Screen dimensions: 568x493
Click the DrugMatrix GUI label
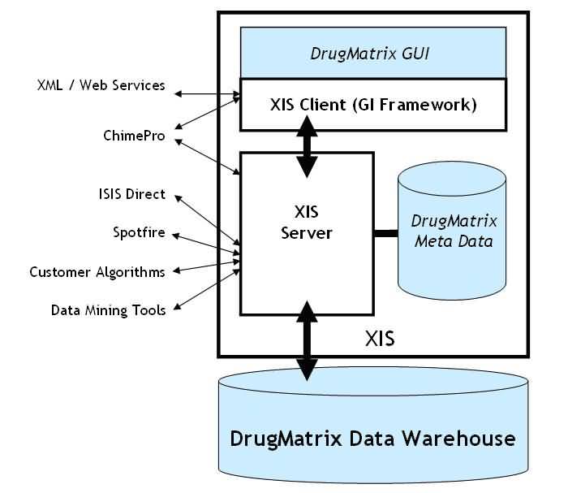pyautogui.click(x=370, y=54)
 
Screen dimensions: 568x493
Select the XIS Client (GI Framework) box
pyautogui.click(x=373, y=105)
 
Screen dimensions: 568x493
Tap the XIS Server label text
pyautogui.click(x=307, y=223)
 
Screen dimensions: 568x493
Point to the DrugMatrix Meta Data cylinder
pyautogui.click(x=452, y=231)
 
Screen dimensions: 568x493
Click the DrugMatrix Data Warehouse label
pyautogui.click(x=372, y=439)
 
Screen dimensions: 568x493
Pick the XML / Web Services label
pyautogui.click(x=101, y=85)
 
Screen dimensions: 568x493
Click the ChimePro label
pyautogui.click(x=134, y=136)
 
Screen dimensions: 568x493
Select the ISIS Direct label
pyautogui.click(x=131, y=194)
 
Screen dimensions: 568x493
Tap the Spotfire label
pyautogui.click(x=139, y=232)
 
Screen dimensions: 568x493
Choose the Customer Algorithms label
pyautogui.click(x=97, y=272)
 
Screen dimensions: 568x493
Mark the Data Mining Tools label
pyautogui.click(x=108, y=310)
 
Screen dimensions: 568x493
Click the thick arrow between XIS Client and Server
pyautogui.click(x=307, y=146)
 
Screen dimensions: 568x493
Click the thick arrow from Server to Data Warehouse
pyautogui.click(x=307, y=341)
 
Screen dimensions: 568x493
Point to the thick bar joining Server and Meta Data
pyautogui.click(x=385, y=233)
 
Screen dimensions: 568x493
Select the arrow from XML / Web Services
pyautogui.click(x=207, y=94)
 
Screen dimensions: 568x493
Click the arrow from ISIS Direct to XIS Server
pyautogui.click(x=207, y=220)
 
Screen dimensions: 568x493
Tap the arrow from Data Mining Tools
pyautogui.click(x=207, y=290)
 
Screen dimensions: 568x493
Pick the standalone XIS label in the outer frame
pyautogui.click(x=380, y=339)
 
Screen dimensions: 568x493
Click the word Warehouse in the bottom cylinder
pyautogui.click(x=459, y=439)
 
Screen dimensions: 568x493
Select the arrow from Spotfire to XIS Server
pyautogui.click(x=206, y=244)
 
